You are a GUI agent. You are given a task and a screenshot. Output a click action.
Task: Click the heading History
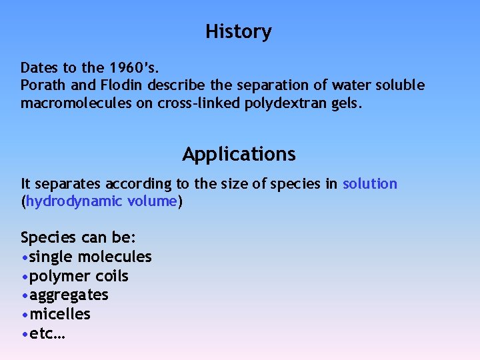pos(239,32)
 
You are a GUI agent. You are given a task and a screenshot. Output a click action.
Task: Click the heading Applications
pos(239,154)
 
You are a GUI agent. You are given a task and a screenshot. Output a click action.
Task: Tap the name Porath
pos(41,86)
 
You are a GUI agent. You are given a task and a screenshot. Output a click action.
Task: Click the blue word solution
pos(369,184)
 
